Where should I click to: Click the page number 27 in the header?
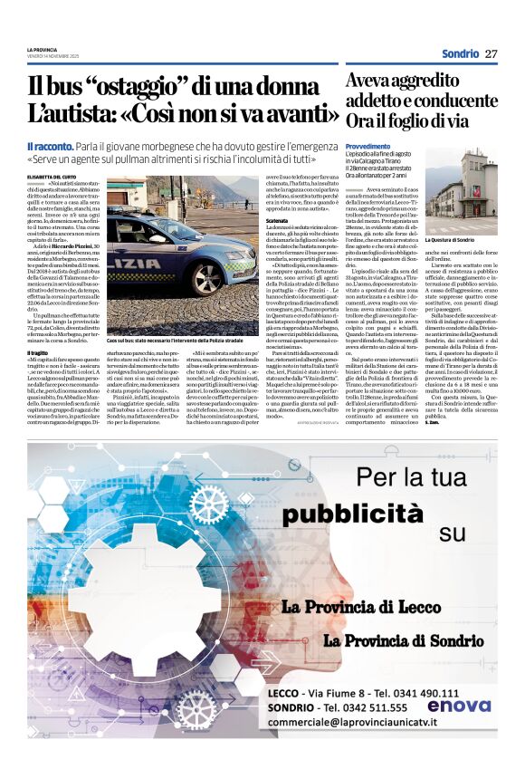tap(492, 53)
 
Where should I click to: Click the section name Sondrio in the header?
tap(461, 53)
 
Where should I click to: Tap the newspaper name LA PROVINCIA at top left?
tap(42, 49)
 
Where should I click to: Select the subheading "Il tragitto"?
tap(38, 351)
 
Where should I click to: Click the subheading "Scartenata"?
tap(278, 218)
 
